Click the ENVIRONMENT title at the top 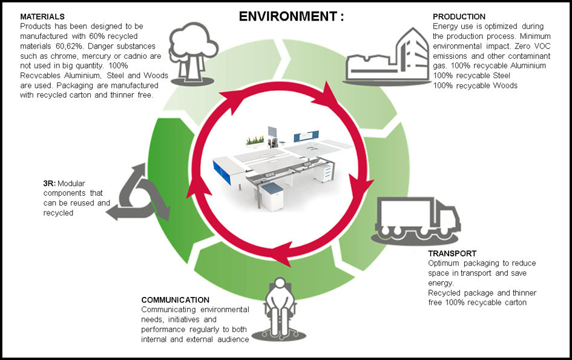click(291, 16)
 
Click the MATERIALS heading click(42, 16)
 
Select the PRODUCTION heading click(459, 16)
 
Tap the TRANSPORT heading click(452, 253)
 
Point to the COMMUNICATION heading click(175, 300)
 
